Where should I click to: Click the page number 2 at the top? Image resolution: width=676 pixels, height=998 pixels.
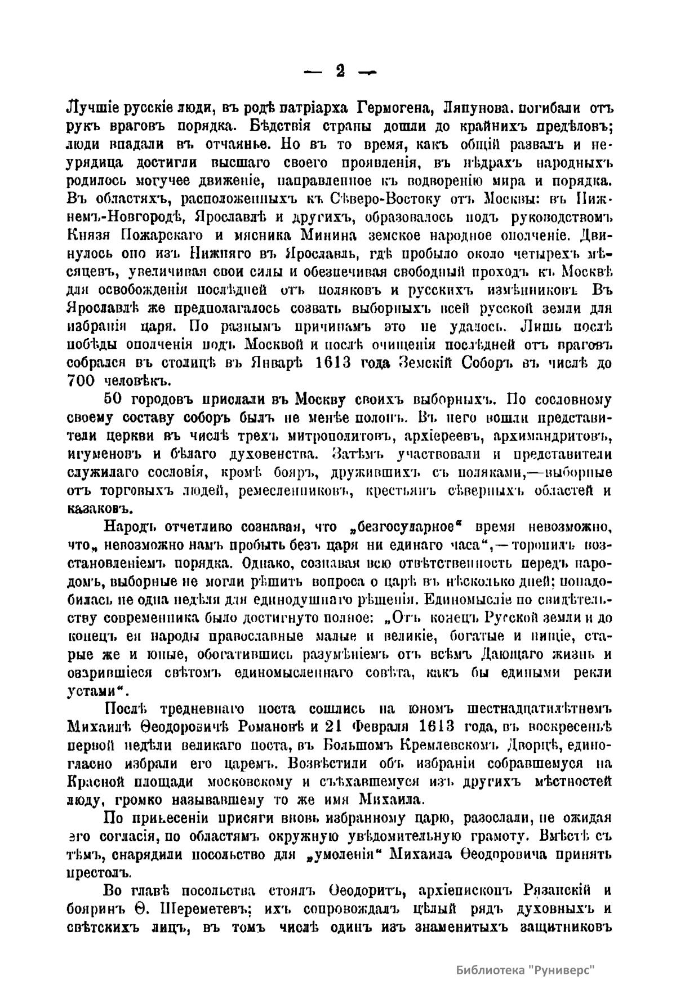(x=339, y=72)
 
